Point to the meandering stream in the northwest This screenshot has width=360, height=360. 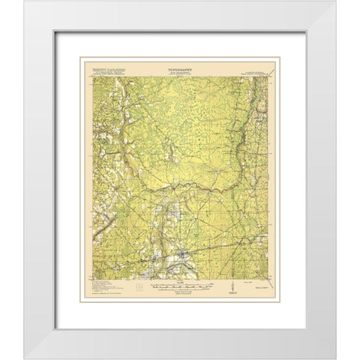tap(124, 120)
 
